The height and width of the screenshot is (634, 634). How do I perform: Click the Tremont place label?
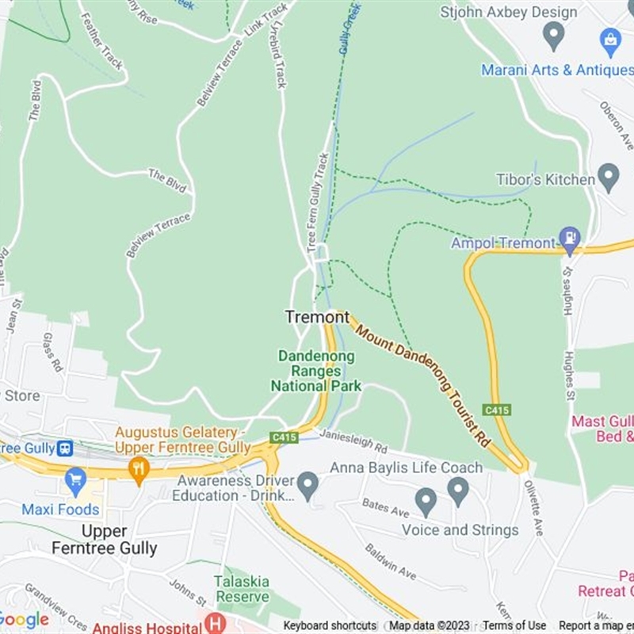317,317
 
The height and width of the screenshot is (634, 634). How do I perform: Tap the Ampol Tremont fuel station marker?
569,237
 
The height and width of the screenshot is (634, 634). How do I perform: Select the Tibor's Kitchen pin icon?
609,178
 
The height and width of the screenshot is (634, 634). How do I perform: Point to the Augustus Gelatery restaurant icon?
139,468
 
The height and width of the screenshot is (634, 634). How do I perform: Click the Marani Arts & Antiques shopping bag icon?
610,39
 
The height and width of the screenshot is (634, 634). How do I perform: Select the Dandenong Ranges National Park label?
316,371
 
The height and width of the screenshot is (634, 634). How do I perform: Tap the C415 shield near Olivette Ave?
495,411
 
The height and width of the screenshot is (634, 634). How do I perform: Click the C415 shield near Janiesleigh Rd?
283,437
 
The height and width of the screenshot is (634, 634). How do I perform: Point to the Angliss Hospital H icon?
214,623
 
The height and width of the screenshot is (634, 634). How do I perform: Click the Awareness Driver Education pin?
308,483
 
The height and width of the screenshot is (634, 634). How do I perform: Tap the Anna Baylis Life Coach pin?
458,491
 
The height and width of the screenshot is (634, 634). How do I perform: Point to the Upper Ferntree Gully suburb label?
105,539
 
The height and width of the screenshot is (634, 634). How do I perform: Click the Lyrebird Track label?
279,56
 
